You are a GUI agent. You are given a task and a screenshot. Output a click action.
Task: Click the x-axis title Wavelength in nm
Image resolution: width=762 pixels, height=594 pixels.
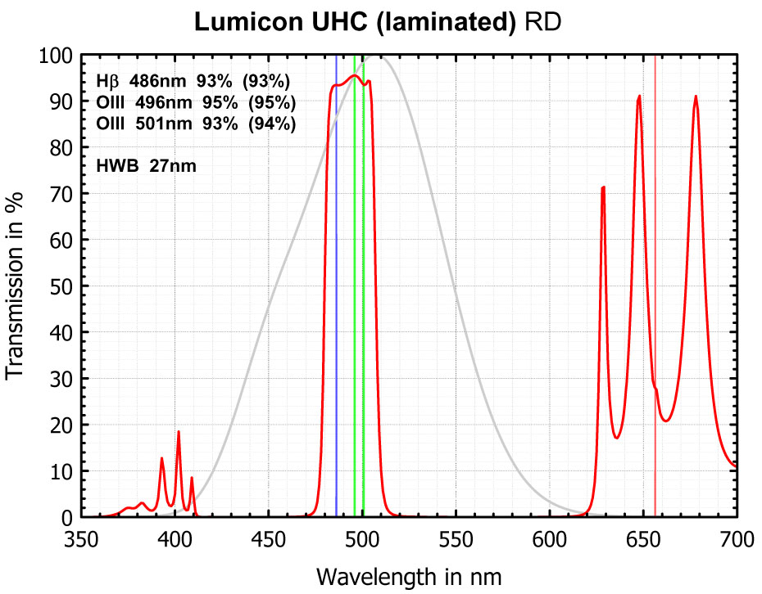tap(409, 575)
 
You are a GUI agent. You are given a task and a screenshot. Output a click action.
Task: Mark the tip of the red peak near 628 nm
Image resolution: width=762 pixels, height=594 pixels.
tap(603, 187)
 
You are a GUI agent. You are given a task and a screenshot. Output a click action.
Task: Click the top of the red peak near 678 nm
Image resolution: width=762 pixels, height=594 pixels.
tap(696, 97)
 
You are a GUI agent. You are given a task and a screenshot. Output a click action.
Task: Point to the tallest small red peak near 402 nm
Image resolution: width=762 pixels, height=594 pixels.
tap(179, 431)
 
